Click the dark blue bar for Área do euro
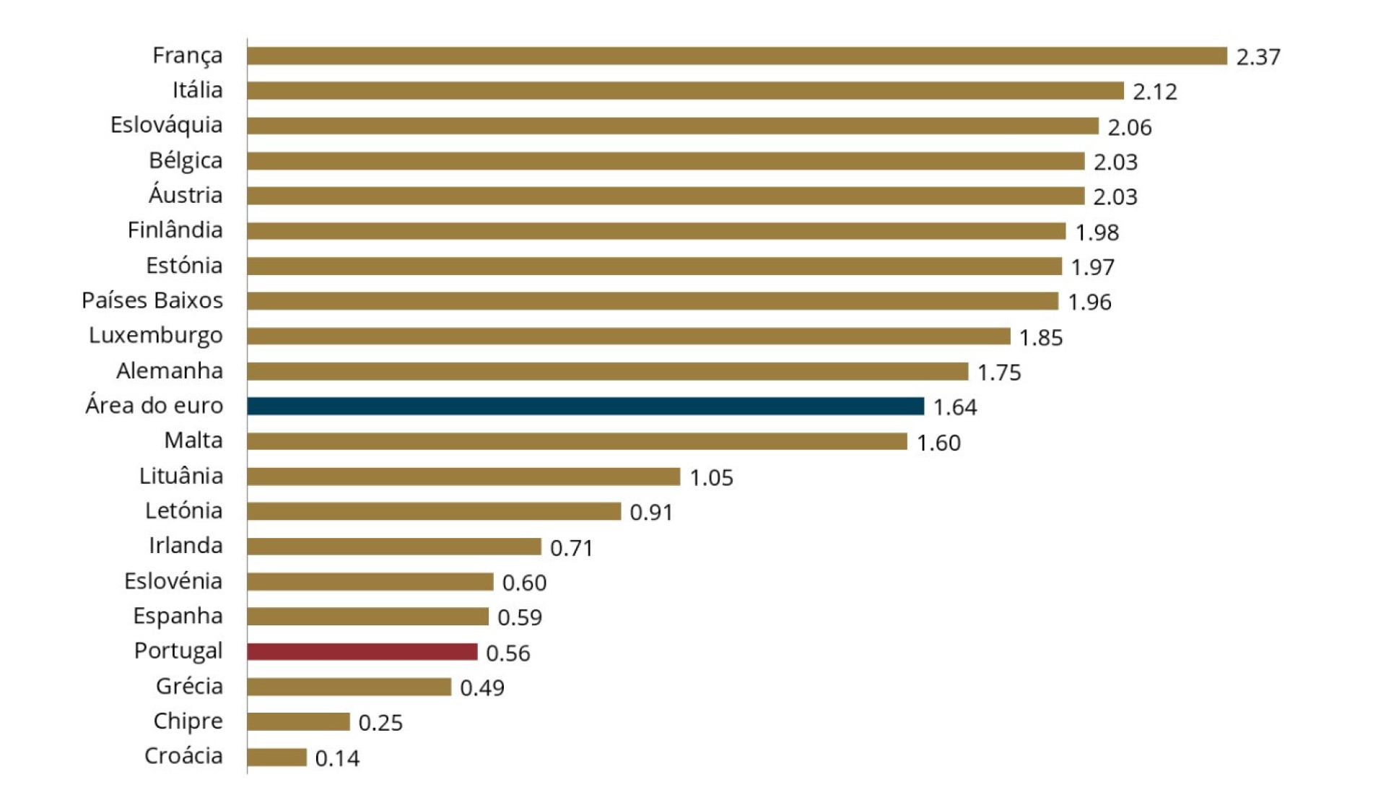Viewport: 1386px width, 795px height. click(585, 407)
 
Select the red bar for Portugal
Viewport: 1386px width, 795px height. click(362, 652)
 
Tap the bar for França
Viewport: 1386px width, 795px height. click(737, 56)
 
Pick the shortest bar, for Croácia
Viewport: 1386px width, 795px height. click(277, 757)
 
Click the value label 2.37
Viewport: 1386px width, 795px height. click(1258, 57)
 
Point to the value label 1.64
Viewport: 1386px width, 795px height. click(955, 407)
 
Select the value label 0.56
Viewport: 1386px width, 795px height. click(508, 653)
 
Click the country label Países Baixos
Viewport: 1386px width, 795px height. click(152, 300)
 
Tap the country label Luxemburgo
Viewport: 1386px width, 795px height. click(156, 336)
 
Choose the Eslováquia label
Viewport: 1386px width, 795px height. click(167, 125)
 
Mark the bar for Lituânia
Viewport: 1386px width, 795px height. click(463, 477)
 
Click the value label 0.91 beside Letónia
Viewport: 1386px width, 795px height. click(651, 513)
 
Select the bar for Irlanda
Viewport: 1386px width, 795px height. click(394, 547)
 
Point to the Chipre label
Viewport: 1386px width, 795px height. click(188, 721)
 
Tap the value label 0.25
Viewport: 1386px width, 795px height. click(380, 723)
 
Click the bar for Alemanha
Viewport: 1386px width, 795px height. click(607, 371)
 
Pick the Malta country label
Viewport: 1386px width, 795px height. click(193, 440)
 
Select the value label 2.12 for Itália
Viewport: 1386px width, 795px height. click(1155, 92)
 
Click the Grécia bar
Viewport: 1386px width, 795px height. click(349, 687)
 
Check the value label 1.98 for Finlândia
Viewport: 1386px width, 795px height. click(1097, 233)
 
